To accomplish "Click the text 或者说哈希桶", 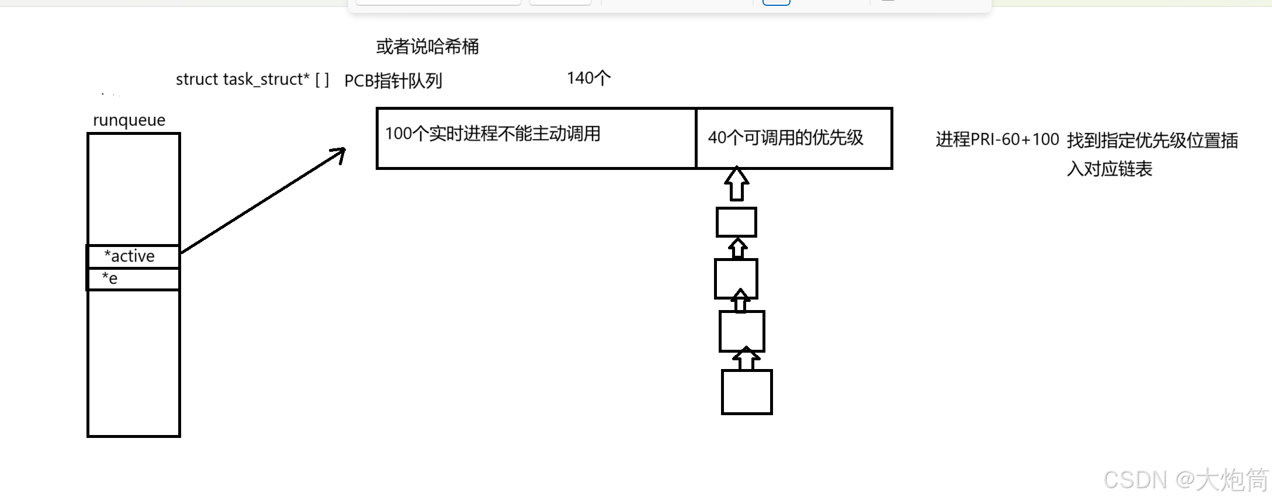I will pyautogui.click(x=427, y=46).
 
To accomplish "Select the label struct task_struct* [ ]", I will pyautogui.click(x=252, y=79).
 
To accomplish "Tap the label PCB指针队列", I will pyautogui.click(x=393, y=81).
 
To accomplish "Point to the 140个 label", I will pyautogui.click(x=588, y=78).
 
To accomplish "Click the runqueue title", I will pyautogui.click(x=129, y=120).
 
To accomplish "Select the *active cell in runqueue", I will pyautogui.click(x=133, y=256).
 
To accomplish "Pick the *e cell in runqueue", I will pyautogui.click(x=133, y=279).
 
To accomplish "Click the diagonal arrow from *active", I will pyautogui.click(x=263, y=201).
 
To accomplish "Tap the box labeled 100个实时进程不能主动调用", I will pyautogui.click(x=536, y=138).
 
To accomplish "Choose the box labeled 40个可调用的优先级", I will pyautogui.click(x=794, y=138).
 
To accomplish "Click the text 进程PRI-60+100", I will pyautogui.click(x=997, y=140).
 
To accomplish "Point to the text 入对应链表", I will pyautogui.click(x=1109, y=169).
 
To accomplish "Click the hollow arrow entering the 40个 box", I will pyautogui.click(x=737, y=184).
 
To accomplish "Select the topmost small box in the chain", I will pyautogui.click(x=736, y=222).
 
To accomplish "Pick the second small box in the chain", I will pyautogui.click(x=736, y=279).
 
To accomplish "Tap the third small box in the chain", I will pyautogui.click(x=741, y=331).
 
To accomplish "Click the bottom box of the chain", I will pyautogui.click(x=747, y=392).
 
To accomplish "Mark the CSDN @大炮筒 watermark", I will pyautogui.click(x=1186, y=480).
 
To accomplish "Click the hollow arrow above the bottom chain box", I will pyautogui.click(x=746, y=359).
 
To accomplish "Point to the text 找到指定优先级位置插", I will pyautogui.click(x=1152, y=141).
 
